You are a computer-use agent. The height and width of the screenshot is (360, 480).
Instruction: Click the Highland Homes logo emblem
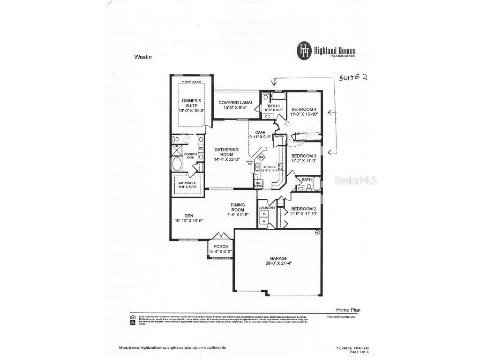pyautogui.click(x=305, y=50)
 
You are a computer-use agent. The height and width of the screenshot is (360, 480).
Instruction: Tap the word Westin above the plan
pyautogui.click(x=143, y=57)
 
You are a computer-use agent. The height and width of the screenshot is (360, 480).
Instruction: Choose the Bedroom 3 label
pyautogui.click(x=304, y=156)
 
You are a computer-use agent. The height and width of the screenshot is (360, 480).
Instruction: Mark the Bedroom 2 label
pyautogui.click(x=304, y=209)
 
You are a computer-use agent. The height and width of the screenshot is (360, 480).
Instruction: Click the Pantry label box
pyautogui.click(x=280, y=137)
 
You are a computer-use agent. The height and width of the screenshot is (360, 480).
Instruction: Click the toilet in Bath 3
pyautogui.click(x=265, y=97)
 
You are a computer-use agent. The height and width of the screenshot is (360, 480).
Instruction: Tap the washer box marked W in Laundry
pyautogui.click(x=264, y=221)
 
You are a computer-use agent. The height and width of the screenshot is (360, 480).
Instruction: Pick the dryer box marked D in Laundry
pyautogui.click(x=264, y=214)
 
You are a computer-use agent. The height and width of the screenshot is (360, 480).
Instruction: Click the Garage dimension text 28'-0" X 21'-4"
pyautogui.click(x=278, y=263)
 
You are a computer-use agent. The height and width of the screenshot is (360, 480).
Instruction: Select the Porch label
pyautogui.click(x=221, y=247)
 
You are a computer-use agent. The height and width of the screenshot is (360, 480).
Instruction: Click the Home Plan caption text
pyautogui.click(x=348, y=310)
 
